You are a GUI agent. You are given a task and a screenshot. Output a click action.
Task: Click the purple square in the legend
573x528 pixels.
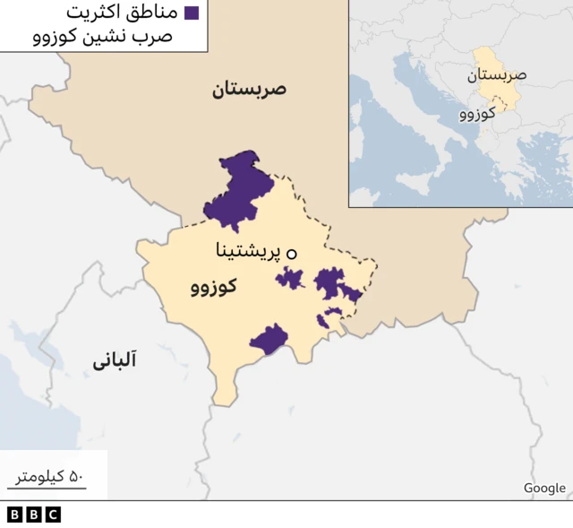191,13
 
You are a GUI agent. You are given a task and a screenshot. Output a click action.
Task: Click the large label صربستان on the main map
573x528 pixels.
248,89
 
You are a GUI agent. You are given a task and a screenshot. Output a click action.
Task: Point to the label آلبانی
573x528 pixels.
114,361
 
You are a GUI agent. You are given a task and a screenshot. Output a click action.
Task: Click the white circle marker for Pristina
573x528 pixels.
291,254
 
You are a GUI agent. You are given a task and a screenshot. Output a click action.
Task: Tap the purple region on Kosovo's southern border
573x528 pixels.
269,339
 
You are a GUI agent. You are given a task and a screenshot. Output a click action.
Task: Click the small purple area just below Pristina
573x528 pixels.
290,278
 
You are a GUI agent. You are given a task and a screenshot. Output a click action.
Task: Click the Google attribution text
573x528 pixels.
544,488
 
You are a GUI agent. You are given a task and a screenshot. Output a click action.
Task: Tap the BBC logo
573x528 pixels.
33,515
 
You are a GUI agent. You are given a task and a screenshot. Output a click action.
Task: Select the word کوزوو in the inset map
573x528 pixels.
478,115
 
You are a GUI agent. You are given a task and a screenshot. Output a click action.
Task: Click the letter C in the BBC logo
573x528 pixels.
53,515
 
